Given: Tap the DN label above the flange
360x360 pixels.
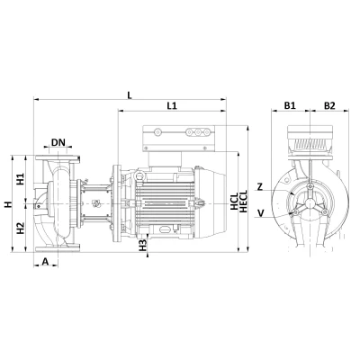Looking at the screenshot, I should [58, 142].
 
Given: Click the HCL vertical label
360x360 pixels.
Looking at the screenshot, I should [233, 201].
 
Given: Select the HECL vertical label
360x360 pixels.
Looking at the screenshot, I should [244, 201].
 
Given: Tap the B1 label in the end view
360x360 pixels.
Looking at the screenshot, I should [290, 105].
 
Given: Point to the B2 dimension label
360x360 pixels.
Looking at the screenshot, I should [329, 105].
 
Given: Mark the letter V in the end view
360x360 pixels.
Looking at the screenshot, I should [261, 212].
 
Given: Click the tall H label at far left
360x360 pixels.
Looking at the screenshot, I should [8, 205].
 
